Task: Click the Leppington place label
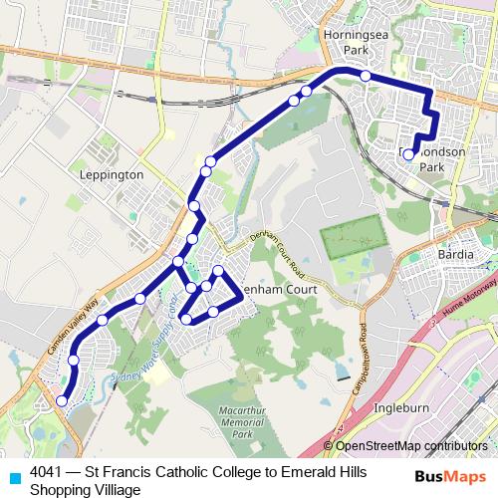point(111,173)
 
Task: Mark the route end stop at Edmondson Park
point(408,154)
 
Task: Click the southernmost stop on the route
point(62,400)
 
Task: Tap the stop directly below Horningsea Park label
point(366,76)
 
